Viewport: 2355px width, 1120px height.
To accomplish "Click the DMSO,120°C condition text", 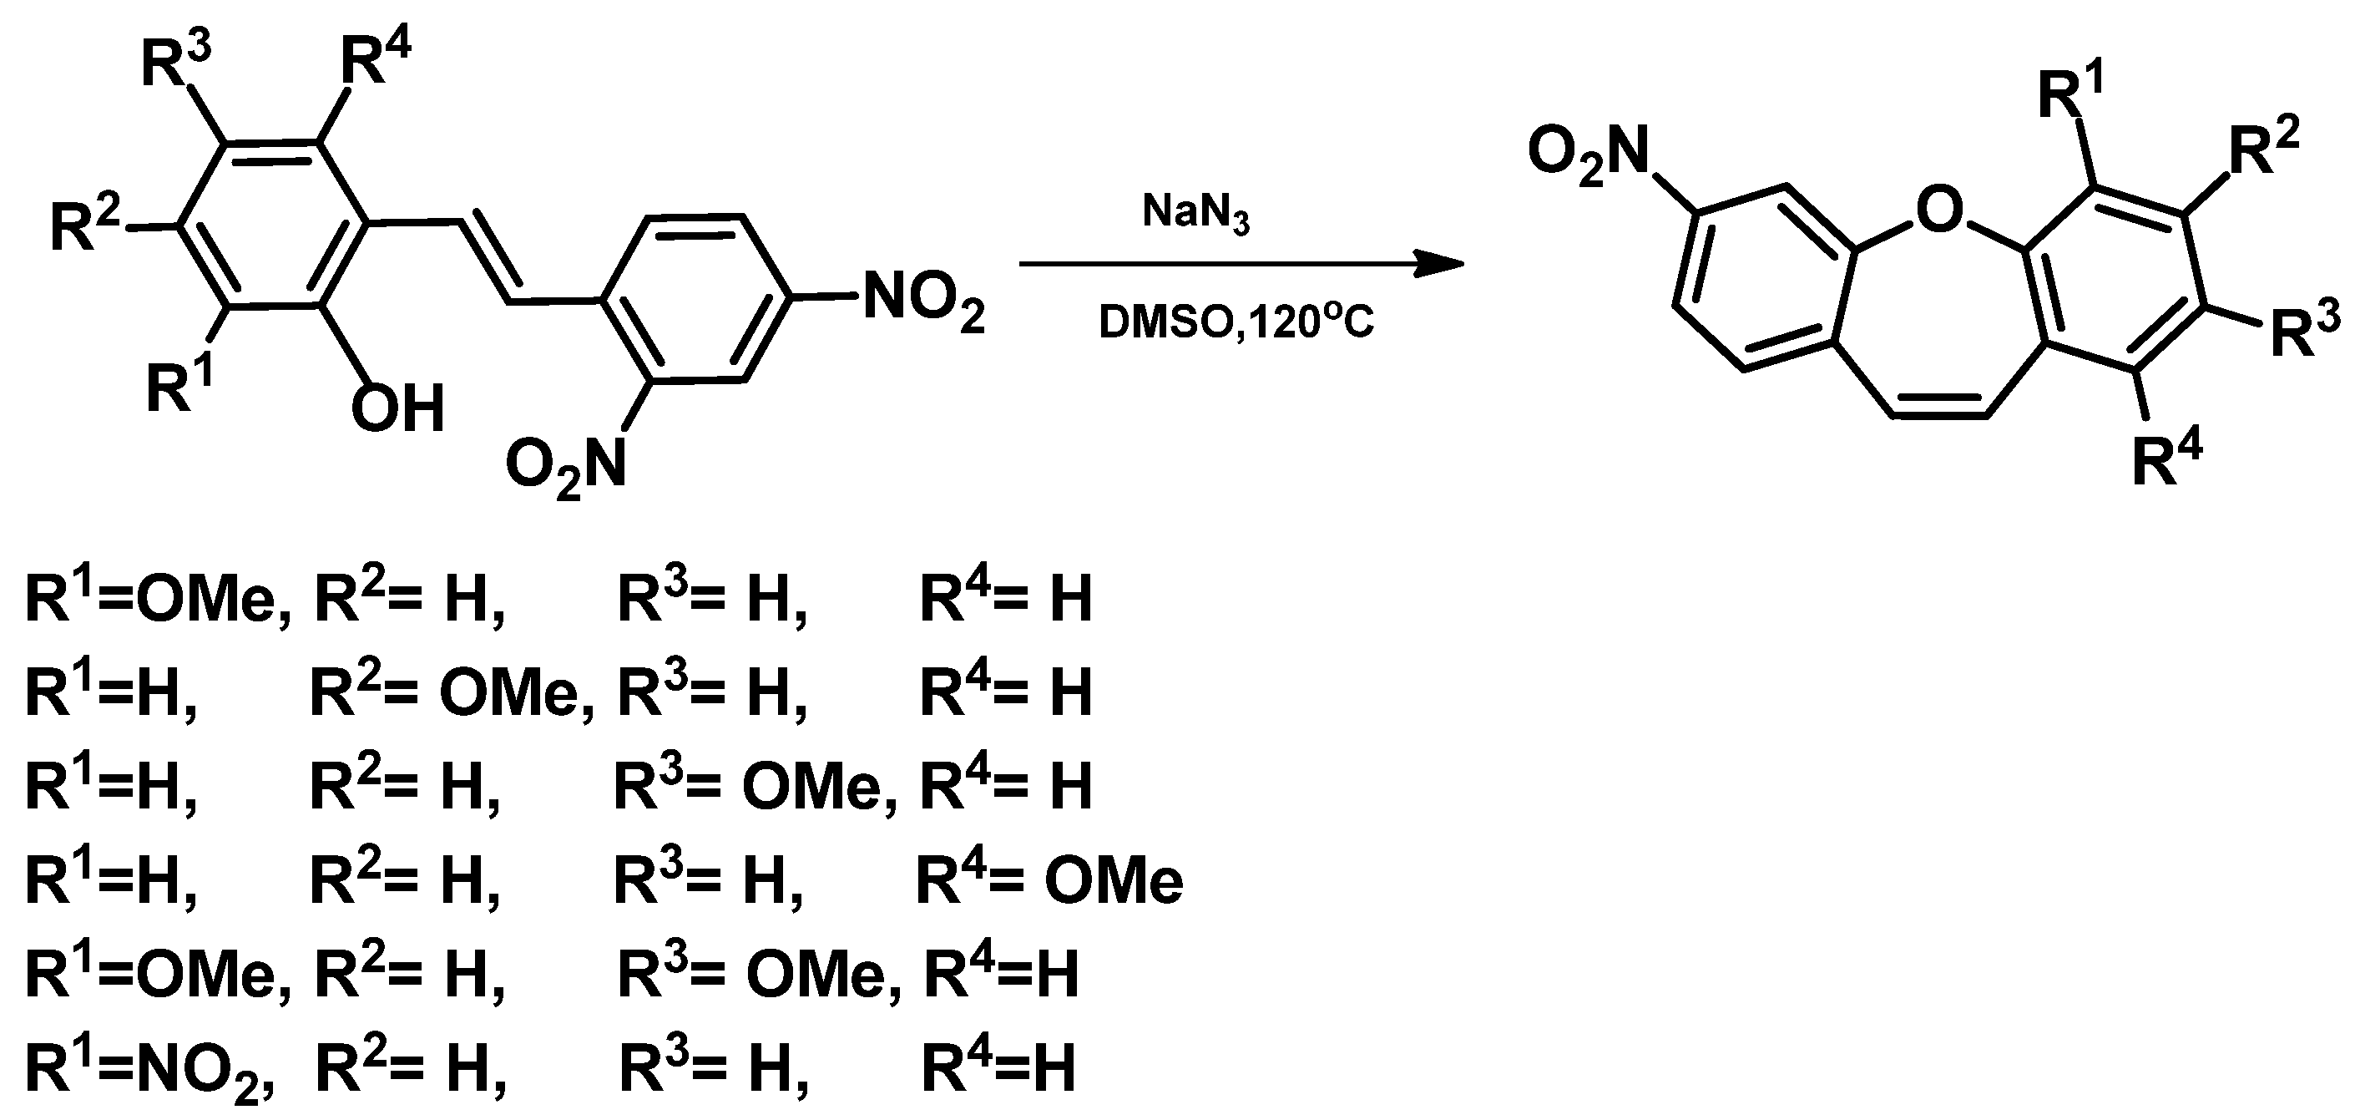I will tap(1236, 322).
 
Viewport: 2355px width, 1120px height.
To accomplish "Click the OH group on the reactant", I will tap(397, 408).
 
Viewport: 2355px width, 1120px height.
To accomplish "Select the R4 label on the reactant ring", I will tap(375, 62).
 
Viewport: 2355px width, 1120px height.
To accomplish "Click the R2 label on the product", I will tap(2263, 149).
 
